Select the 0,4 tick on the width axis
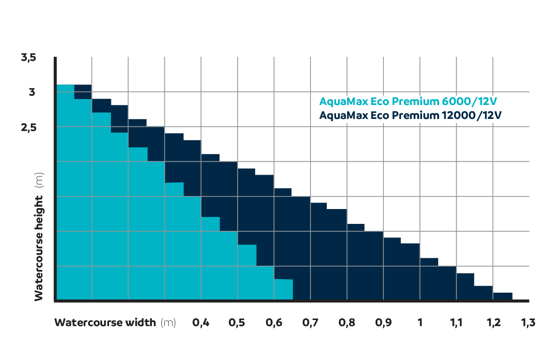201,323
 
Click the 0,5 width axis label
237,323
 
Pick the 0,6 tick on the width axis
273,323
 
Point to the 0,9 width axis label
383,323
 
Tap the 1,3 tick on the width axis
528,323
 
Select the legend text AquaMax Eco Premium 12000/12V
410,115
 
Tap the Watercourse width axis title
105,323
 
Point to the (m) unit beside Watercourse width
168,323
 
